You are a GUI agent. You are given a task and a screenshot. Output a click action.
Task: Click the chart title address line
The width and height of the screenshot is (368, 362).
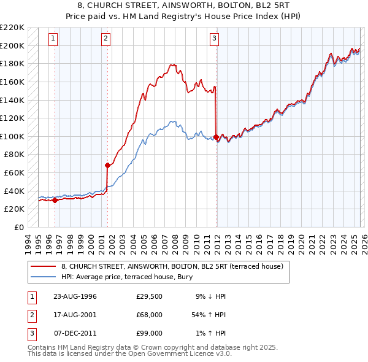[x=183, y=6]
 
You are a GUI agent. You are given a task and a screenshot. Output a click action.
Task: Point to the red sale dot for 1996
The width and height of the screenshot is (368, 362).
[x=55, y=199]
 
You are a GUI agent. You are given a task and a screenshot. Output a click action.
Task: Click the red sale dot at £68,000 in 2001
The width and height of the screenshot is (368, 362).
[x=107, y=165]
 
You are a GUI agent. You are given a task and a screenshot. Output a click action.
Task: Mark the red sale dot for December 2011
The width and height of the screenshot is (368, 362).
[x=216, y=137]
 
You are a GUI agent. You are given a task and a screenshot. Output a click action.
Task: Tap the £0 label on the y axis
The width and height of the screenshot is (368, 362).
[x=19, y=227]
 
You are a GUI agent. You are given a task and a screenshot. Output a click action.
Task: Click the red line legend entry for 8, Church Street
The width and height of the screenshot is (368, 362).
[x=172, y=267]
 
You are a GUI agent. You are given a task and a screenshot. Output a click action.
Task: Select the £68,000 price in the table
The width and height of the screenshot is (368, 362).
[x=149, y=315]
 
